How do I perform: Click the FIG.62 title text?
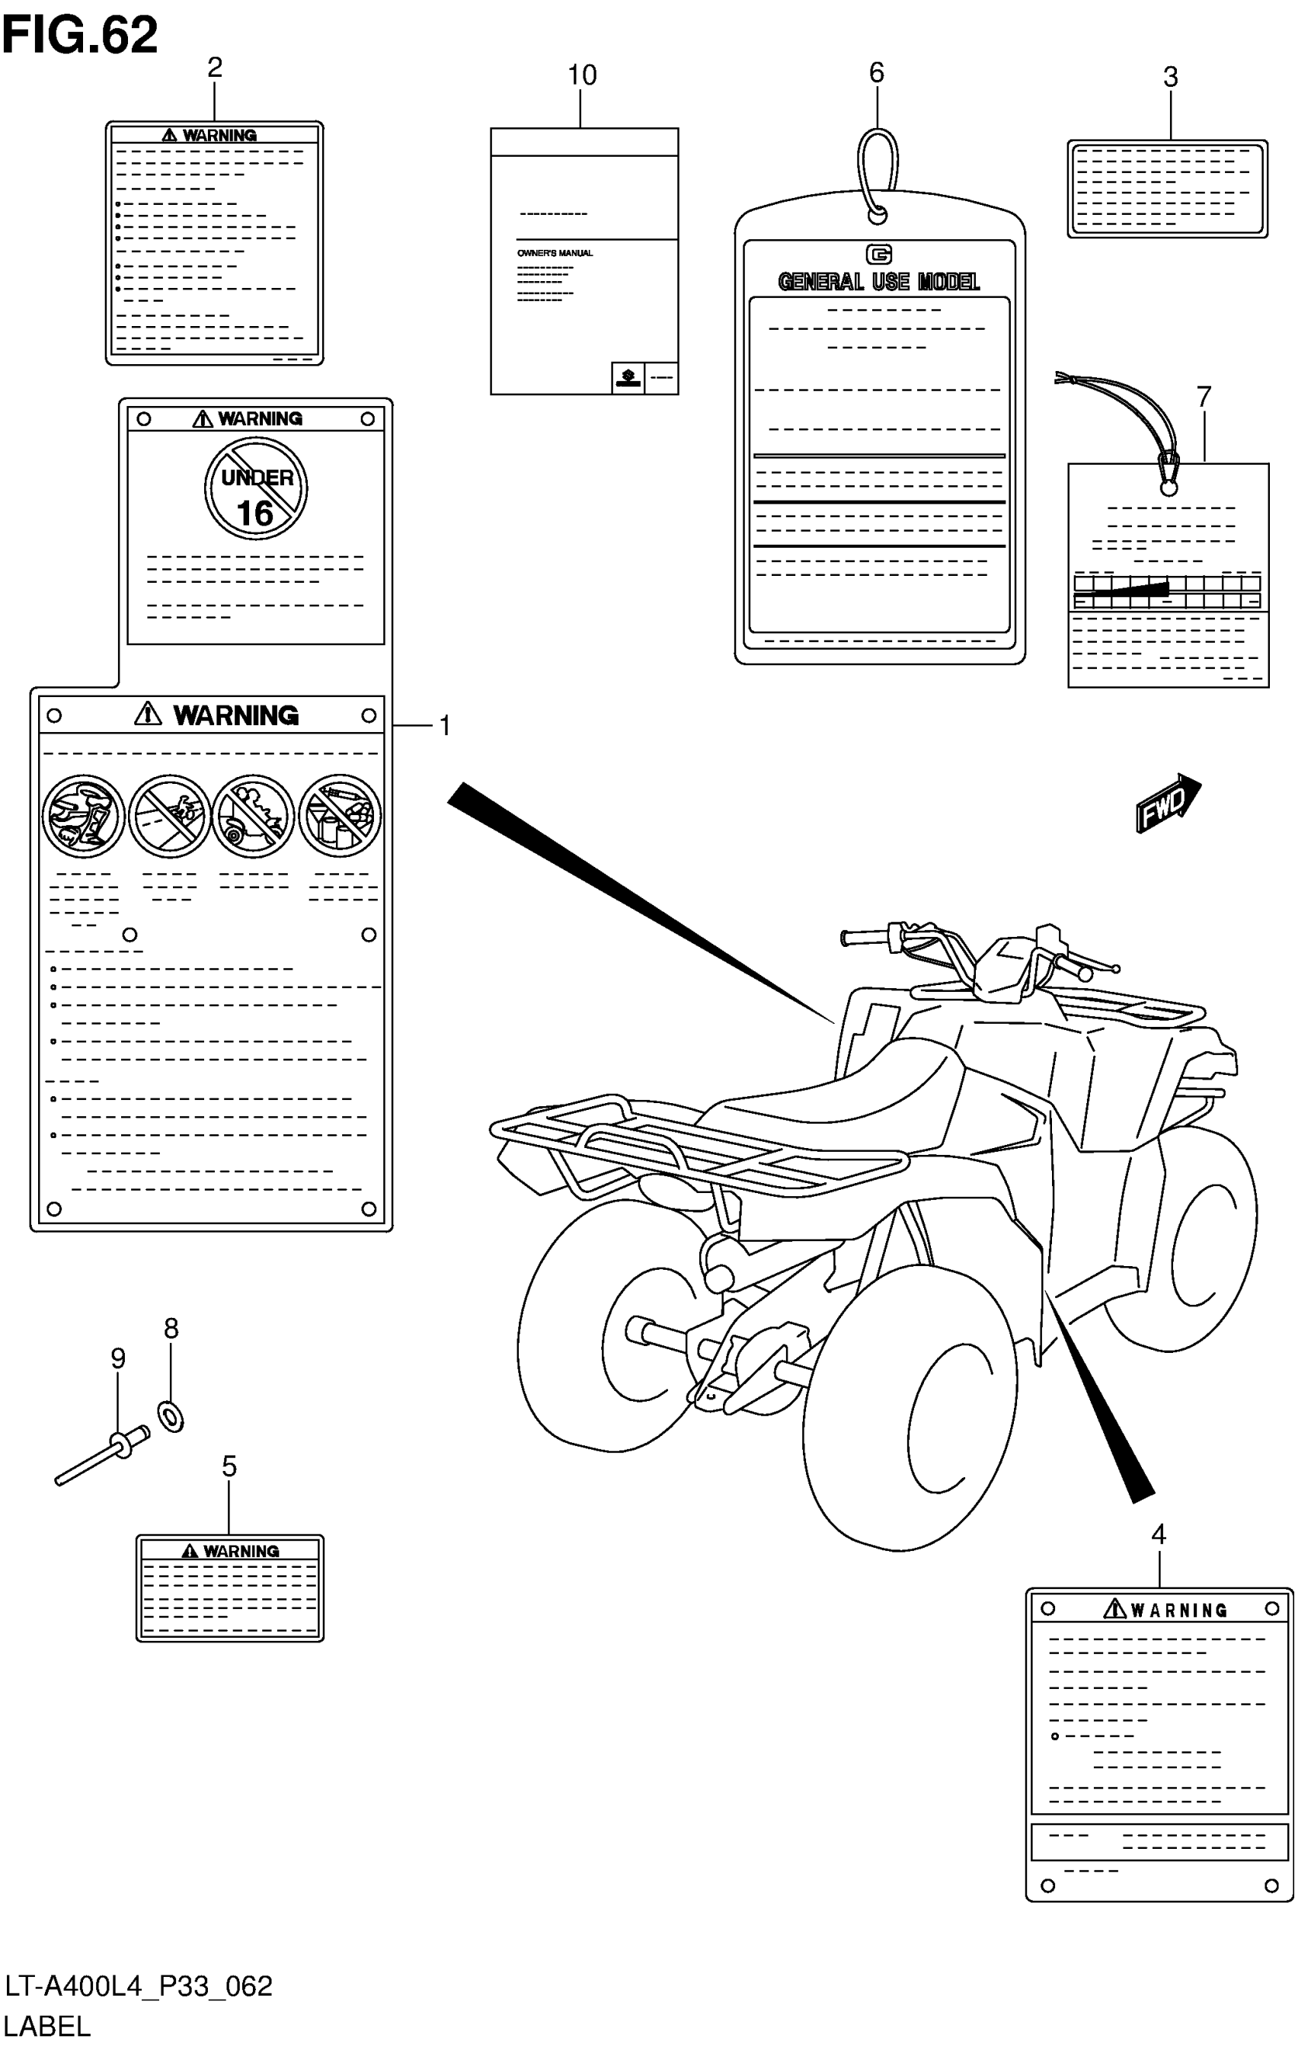point(79,36)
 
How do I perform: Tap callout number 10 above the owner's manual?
point(582,75)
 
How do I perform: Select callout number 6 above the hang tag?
point(876,73)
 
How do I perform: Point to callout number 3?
point(1170,78)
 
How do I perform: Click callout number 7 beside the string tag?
point(1203,397)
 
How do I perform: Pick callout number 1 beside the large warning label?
point(443,725)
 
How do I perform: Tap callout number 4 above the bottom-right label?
point(1158,1534)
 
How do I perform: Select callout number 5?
point(229,1466)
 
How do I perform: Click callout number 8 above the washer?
point(171,1328)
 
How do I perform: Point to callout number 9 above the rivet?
point(118,1358)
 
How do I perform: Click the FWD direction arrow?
point(1166,802)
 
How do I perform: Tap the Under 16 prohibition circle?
point(255,488)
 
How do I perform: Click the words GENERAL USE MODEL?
point(878,282)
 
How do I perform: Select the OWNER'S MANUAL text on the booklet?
point(555,253)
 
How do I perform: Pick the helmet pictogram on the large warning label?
point(84,816)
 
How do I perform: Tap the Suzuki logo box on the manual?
point(628,377)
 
